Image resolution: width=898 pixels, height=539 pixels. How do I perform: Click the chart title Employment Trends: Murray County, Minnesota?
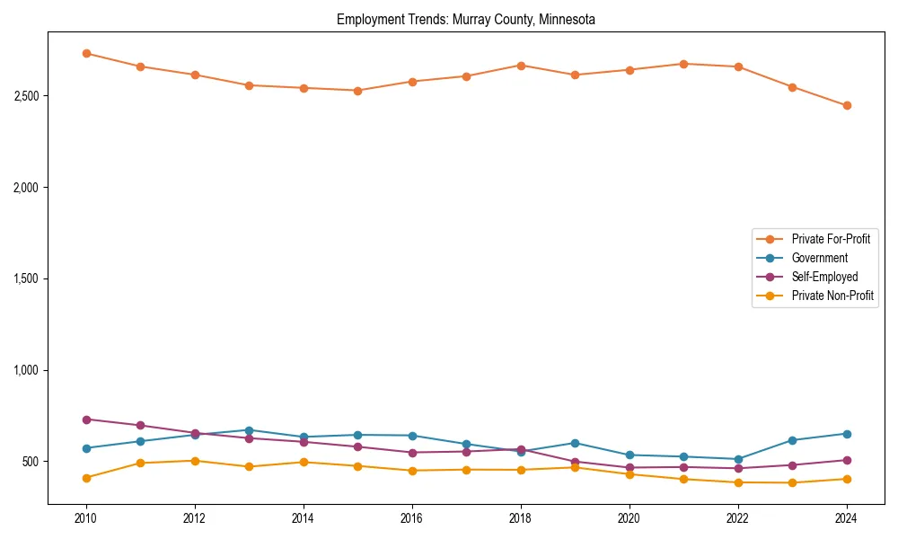[x=466, y=19]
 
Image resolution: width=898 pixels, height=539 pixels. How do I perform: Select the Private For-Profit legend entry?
[x=831, y=239]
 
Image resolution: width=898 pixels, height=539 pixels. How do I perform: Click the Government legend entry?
[x=819, y=258]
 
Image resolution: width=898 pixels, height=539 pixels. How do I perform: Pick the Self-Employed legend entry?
[x=824, y=277]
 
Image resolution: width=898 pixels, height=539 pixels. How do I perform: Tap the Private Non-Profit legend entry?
[x=832, y=296]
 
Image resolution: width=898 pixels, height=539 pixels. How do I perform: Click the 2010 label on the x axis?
[x=86, y=518]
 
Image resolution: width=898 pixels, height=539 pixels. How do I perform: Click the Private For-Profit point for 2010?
[x=86, y=53]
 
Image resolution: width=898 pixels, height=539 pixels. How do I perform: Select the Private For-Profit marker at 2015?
[x=357, y=91]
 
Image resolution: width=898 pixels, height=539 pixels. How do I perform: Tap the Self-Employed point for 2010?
[x=86, y=420]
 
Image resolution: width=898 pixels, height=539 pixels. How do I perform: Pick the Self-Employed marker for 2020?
[x=629, y=468]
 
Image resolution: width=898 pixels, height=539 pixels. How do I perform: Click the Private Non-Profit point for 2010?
[x=86, y=478]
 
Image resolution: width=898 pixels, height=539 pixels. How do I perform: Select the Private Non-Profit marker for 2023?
[x=792, y=483]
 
